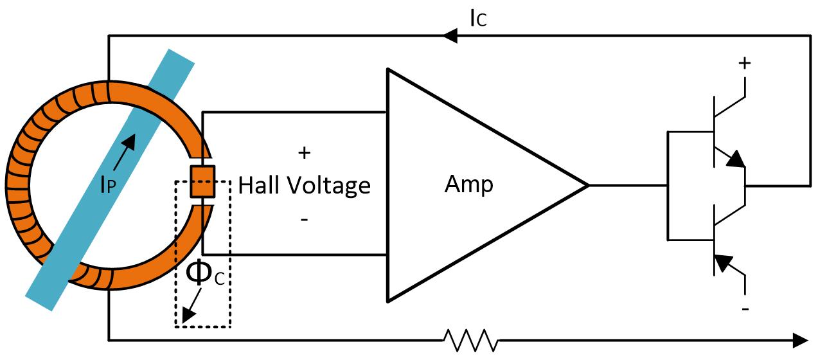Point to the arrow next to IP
click(127, 147)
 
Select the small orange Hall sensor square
click(202, 181)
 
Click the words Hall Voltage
click(304, 186)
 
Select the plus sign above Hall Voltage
click(304, 153)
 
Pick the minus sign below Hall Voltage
click(304, 220)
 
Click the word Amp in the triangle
click(469, 185)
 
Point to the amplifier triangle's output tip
click(586, 186)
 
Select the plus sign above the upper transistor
click(745, 64)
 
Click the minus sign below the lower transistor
click(745, 309)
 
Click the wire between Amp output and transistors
click(627, 186)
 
